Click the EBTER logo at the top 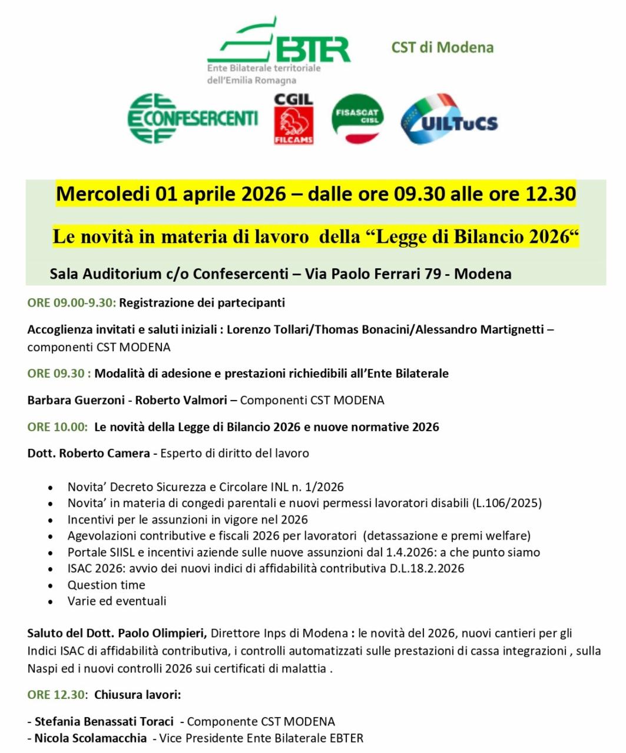pos(279,50)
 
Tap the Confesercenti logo pos(193,118)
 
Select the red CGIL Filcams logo pos(293,118)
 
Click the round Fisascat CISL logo pos(356,118)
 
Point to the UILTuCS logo pos(449,119)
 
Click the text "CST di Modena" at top pos(442,47)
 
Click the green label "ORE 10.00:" pos(57,427)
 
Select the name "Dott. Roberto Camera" pos(88,453)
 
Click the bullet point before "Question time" pos(52,586)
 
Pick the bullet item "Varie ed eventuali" pos(117,601)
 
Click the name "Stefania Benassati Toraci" pos(104,721)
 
